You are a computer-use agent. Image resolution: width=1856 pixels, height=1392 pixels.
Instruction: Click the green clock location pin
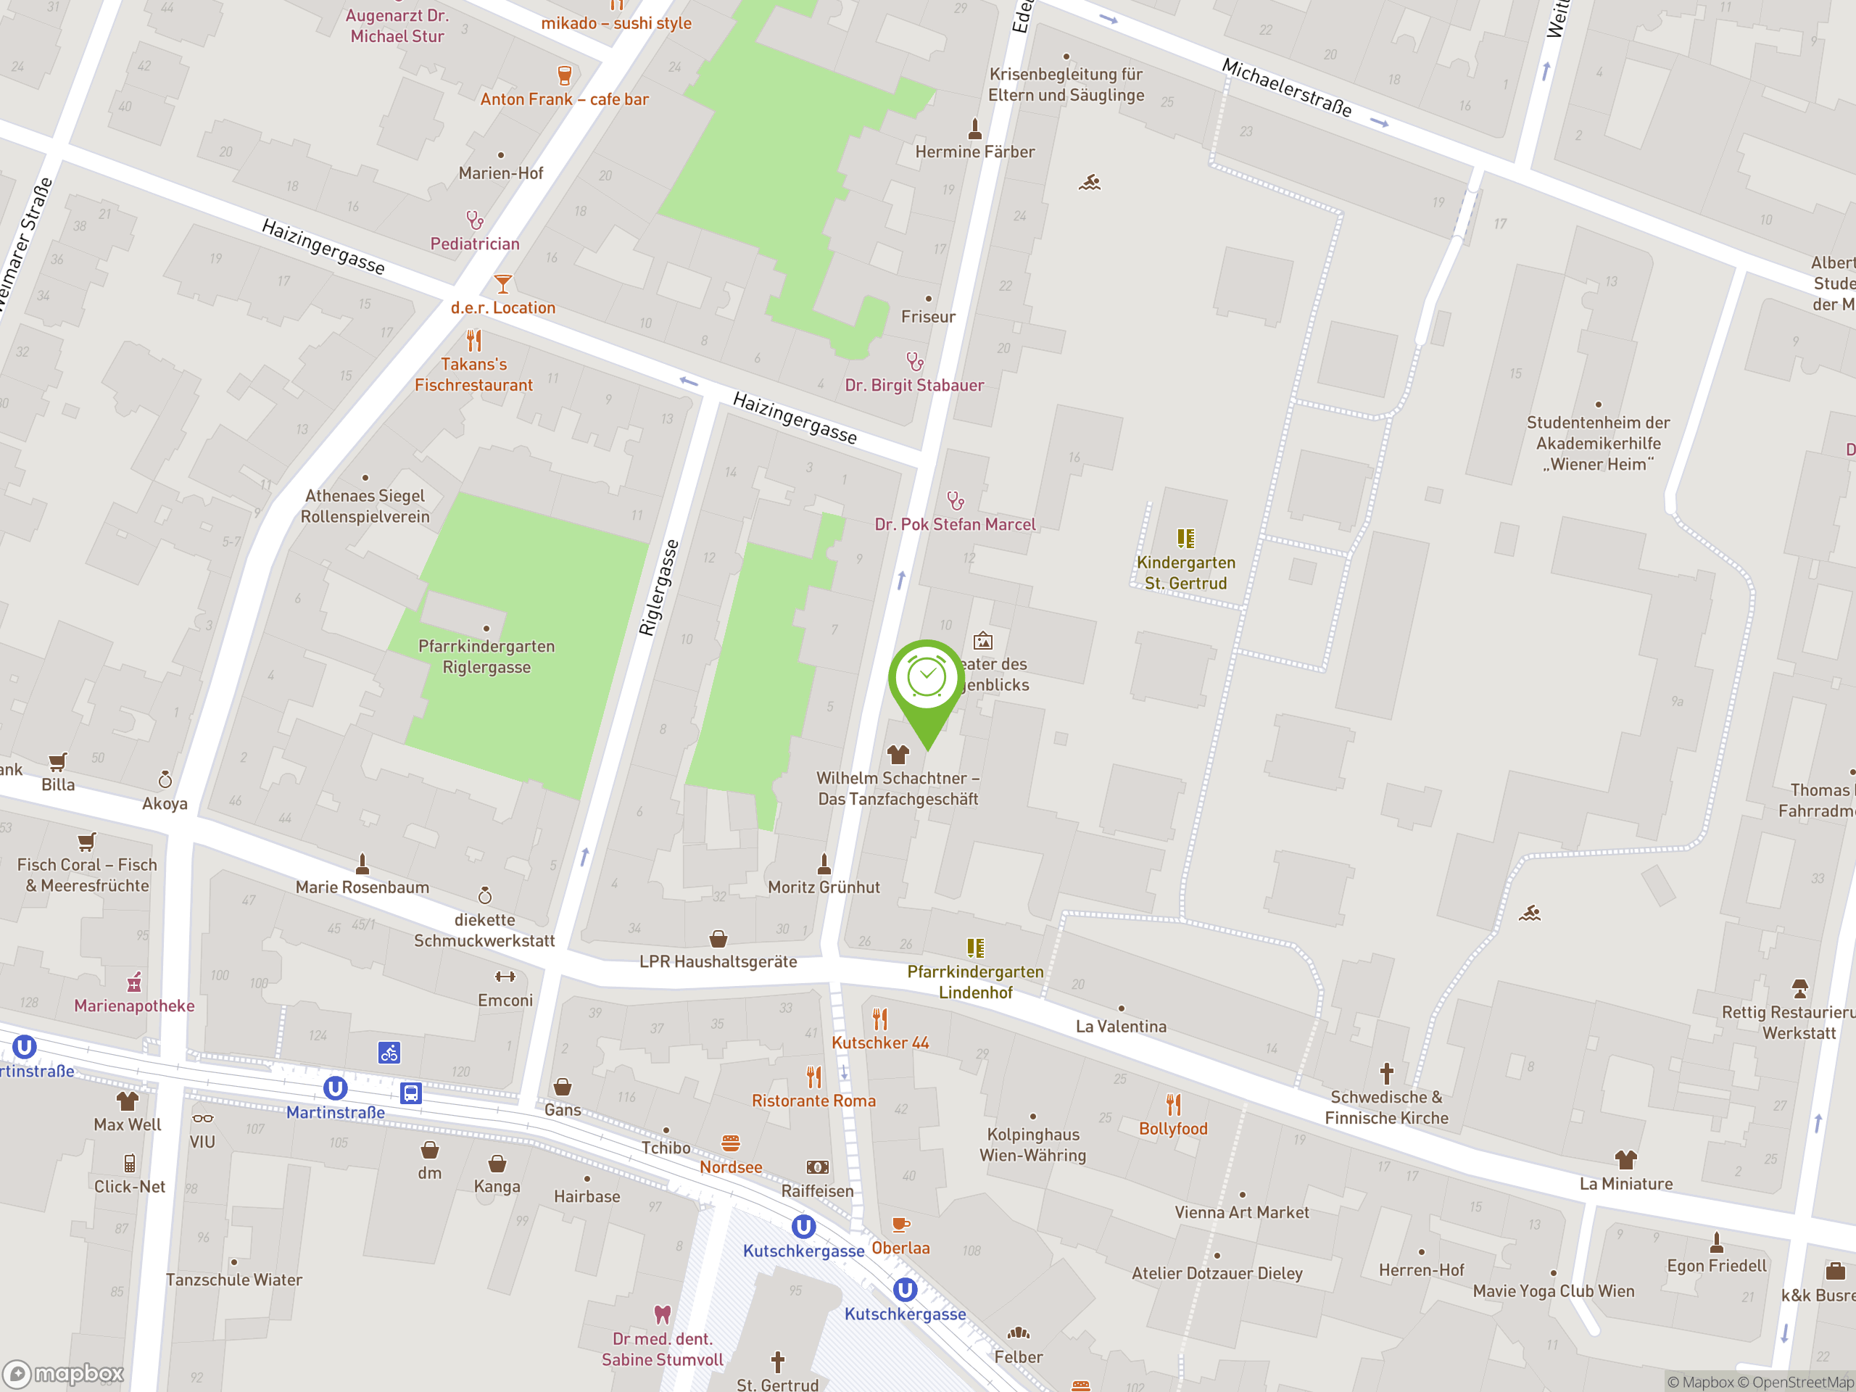pos(927,679)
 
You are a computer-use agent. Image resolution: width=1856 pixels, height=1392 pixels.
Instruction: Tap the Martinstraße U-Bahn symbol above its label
pos(335,1088)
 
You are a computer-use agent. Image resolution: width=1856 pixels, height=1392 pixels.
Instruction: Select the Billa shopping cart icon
pos(57,762)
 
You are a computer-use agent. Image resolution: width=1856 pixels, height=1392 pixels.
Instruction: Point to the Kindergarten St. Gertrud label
pos(1185,572)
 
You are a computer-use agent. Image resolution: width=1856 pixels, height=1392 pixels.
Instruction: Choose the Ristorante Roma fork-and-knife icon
pos(813,1077)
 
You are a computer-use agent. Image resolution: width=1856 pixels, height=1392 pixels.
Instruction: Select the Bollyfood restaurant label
pos(1172,1129)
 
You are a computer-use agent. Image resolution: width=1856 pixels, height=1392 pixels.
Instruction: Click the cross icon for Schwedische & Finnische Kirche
pos(1386,1073)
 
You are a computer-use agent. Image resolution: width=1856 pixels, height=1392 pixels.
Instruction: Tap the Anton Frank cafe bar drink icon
pos(565,75)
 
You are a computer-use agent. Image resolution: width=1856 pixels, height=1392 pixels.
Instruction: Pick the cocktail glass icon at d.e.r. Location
pos(502,283)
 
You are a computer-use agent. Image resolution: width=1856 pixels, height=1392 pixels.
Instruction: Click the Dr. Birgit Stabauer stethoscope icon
pos(914,362)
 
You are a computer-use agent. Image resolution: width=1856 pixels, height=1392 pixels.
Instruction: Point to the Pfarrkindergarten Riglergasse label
pos(486,656)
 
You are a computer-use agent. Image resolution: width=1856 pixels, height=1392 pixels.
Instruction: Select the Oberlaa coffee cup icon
pos(900,1225)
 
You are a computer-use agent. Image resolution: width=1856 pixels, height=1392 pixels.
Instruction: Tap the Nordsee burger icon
pos(730,1143)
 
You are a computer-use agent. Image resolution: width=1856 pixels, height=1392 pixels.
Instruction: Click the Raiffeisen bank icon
pos(817,1167)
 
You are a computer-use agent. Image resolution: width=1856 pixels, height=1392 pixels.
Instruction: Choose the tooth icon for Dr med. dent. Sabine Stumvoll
pos(662,1314)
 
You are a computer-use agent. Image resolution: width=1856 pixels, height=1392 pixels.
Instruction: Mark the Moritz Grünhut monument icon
pos(824,863)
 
